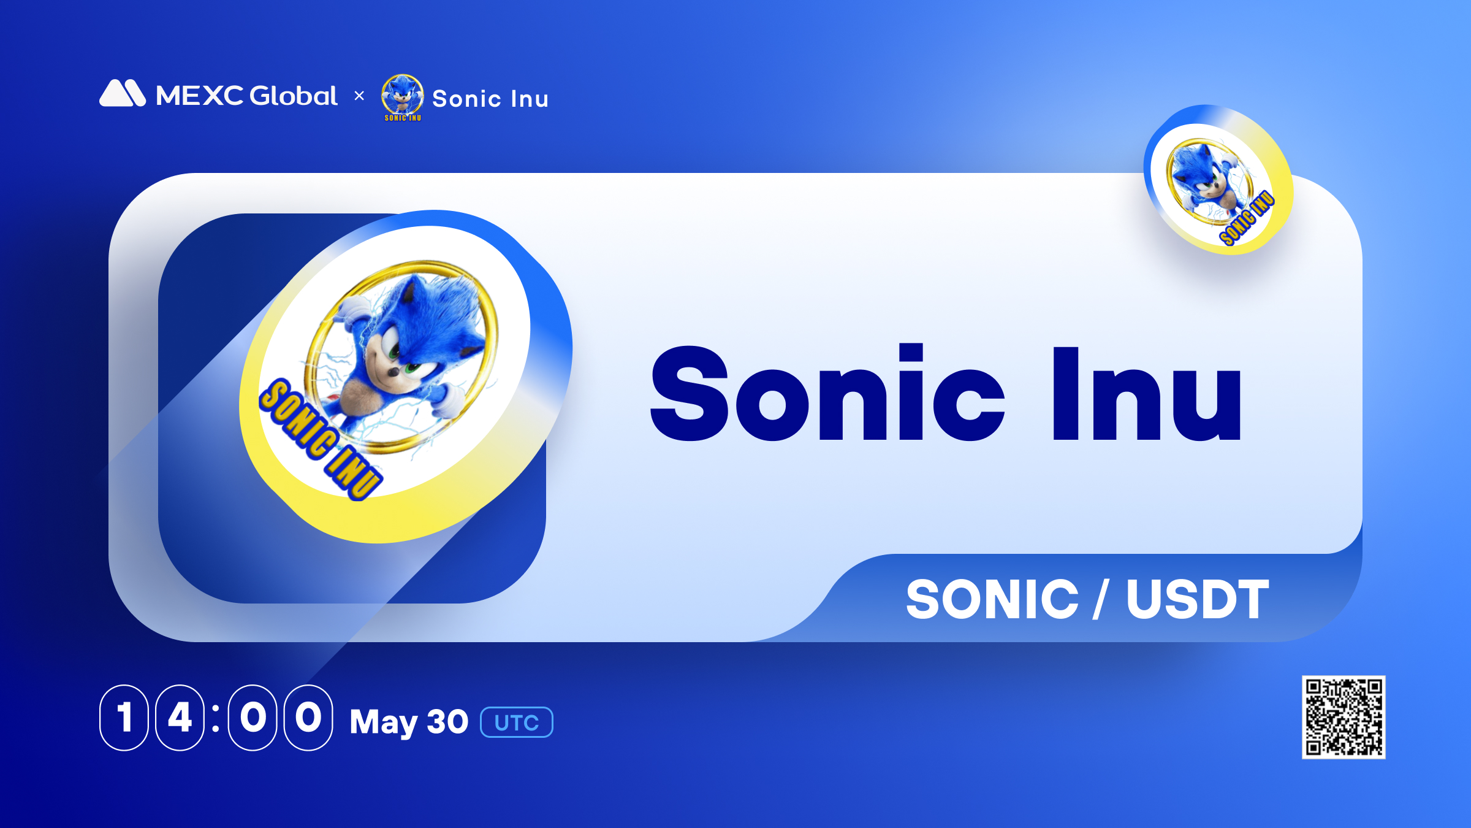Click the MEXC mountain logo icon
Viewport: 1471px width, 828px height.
[x=123, y=93]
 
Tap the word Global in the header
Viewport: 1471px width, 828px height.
[x=294, y=96]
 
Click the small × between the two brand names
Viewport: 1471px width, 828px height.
[x=359, y=96]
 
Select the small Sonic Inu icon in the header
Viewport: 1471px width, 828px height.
[x=403, y=98]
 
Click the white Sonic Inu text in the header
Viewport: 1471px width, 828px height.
[x=490, y=99]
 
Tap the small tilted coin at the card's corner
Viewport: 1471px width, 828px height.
[x=1218, y=180]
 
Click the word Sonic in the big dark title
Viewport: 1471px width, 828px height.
[x=828, y=393]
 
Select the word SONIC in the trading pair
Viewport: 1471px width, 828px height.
[x=992, y=599]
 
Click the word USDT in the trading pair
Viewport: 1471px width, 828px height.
[x=1198, y=599]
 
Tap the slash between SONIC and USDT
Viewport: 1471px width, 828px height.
[x=1101, y=599]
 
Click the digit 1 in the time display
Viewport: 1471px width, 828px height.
[x=124, y=717]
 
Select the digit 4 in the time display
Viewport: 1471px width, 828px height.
[x=180, y=717]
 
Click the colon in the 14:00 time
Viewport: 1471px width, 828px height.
[x=216, y=718]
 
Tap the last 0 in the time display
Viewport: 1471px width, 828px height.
[x=308, y=717]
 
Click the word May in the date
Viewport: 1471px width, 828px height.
[x=384, y=723]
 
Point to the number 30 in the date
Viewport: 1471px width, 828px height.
[x=447, y=721]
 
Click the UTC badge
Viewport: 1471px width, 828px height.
[x=517, y=723]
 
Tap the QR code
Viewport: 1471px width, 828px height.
[x=1344, y=717]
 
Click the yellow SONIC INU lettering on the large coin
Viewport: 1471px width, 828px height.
[x=321, y=439]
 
